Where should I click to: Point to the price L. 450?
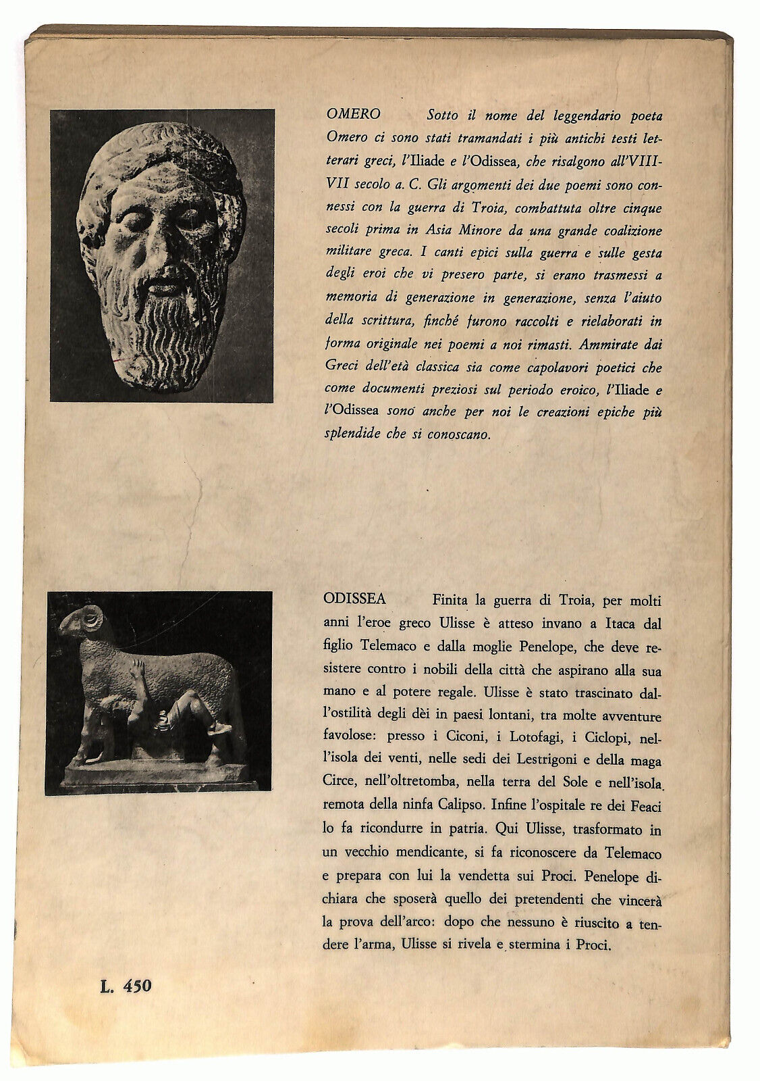click(124, 986)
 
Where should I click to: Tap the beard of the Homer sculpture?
click(162, 331)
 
